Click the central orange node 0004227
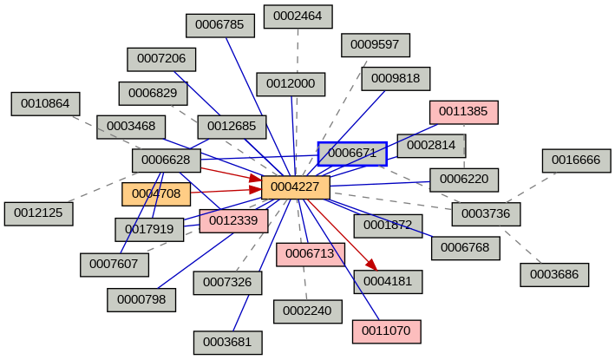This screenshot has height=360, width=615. (x=295, y=187)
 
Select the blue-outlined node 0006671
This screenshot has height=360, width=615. (x=351, y=154)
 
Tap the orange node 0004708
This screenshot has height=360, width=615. (x=156, y=194)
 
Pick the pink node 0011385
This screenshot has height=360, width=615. (x=463, y=112)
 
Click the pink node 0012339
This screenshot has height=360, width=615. (x=233, y=220)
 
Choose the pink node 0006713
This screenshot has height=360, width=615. (x=311, y=254)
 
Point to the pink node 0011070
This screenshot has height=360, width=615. (x=387, y=331)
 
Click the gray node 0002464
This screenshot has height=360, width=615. (x=298, y=16)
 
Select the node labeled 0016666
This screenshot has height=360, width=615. (x=576, y=160)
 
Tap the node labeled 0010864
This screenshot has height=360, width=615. (x=45, y=104)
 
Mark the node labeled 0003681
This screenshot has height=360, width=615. (x=227, y=343)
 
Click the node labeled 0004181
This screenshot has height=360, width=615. (x=388, y=282)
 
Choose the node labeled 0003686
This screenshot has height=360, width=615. (x=554, y=275)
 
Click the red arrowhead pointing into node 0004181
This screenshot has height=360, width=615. (x=370, y=265)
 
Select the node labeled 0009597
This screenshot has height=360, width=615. (x=375, y=44)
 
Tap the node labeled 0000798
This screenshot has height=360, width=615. (x=141, y=300)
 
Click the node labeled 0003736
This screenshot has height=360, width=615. (x=486, y=213)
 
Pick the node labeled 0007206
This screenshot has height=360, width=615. (x=161, y=59)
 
